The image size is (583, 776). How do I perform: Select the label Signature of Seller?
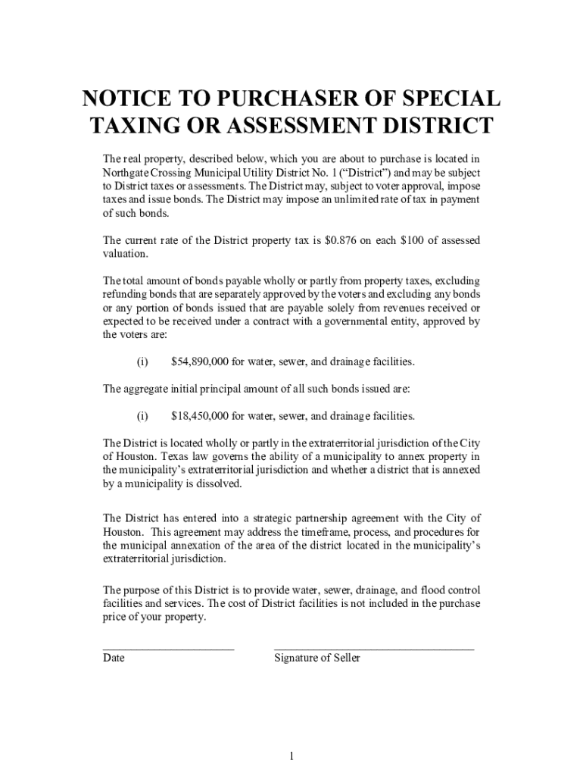pos(317,659)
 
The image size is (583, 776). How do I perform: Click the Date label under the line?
pos(114,659)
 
